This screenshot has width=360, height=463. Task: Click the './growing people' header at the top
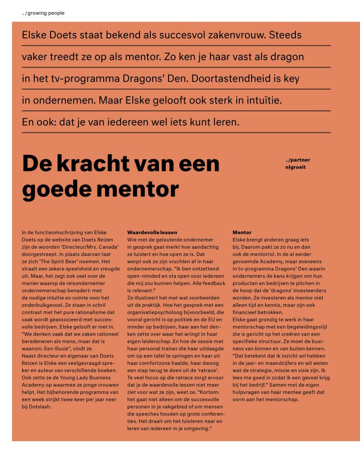click(43, 13)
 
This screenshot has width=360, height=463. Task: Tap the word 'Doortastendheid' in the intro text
click(228, 78)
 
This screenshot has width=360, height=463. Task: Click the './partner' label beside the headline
click(298, 160)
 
